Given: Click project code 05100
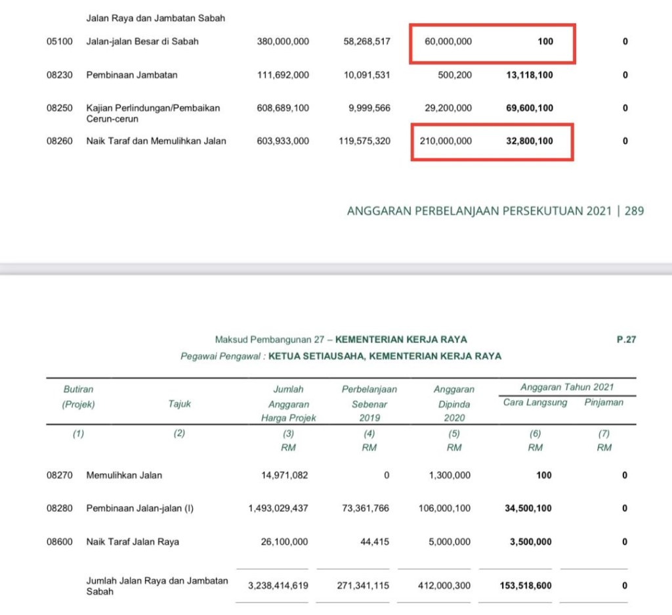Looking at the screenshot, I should (x=59, y=41).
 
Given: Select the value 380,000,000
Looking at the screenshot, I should (x=283, y=41).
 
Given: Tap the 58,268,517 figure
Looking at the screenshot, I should (x=367, y=41).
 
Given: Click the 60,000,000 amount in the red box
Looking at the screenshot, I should (x=448, y=41).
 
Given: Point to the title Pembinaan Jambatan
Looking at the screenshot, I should (x=132, y=75).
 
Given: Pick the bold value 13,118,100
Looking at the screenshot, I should (x=530, y=75).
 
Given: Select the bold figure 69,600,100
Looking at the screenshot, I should (x=530, y=108).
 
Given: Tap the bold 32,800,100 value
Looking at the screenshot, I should (x=530, y=141).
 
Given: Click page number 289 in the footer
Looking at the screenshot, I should (x=635, y=211).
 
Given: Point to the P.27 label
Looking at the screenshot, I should (x=626, y=340).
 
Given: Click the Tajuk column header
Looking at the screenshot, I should (x=179, y=404).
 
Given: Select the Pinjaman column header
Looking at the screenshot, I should (x=604, y=402).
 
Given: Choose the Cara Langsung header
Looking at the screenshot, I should (x=535, y=402).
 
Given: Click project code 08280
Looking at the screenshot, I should (x=59, y=508).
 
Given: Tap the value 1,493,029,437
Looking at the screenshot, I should (x=278, y=508).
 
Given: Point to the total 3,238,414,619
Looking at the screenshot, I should (x=278, y=585).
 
